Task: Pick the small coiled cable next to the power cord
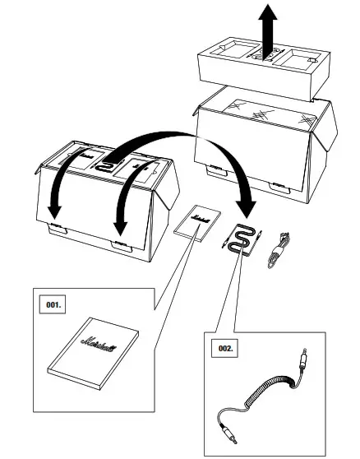click(x=242, y=239)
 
